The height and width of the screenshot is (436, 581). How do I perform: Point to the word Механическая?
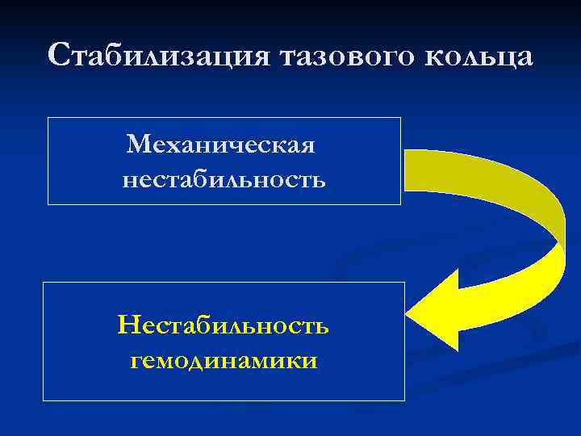click(x=220, y=145)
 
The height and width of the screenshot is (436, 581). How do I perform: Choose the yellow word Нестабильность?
click(x=223, y=325)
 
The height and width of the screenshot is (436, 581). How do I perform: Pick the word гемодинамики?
click(x=224, y=360)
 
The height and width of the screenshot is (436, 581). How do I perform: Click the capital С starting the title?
click(x=60, y=57)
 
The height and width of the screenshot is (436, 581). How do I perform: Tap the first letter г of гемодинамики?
click(x=136, y=362)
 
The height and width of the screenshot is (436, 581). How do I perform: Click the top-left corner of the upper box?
click(x=48, y=118)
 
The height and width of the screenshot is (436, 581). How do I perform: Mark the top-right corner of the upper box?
click(x=400, y=118)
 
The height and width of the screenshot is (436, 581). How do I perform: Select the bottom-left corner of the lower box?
click(x=43, y=400)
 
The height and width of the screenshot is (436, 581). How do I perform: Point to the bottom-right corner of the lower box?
click(x=404, y=400)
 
